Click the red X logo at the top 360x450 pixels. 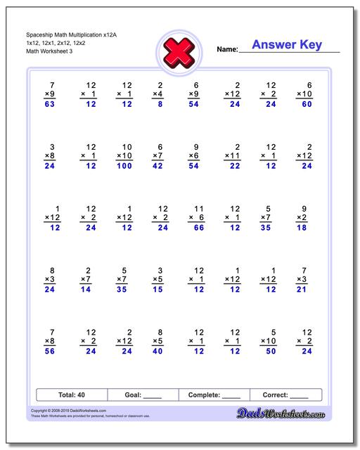[179, 50]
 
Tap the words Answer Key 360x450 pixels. [287, 45]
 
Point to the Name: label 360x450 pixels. [227, 50]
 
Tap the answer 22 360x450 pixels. [234, 167]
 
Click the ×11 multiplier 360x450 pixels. [233, 155]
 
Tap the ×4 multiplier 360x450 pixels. [158, 94]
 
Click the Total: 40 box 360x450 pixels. [72, 395]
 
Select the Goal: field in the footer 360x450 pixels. [143, 395]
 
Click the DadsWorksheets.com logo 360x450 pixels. [290, 414]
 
